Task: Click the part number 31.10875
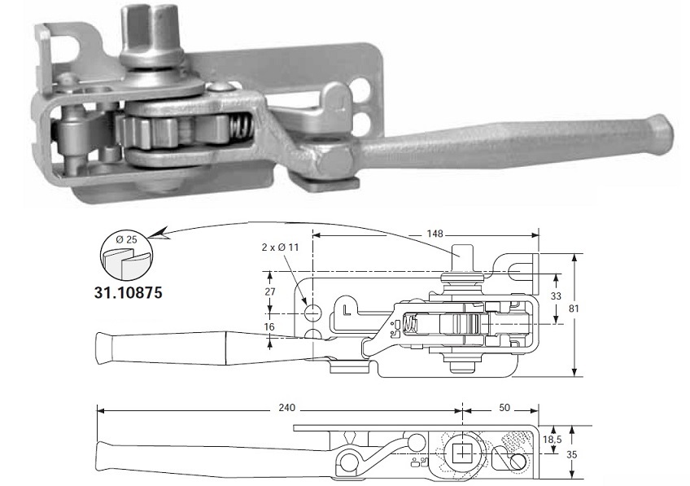tap(128, 292)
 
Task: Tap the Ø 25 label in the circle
tap(127, 240)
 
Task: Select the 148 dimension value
tap(435, 234)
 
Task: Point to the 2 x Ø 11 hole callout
tap(280, 247)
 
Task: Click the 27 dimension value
tap(270, 292)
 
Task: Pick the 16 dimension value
tap(270, 326)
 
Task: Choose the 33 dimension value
tap(556, 296)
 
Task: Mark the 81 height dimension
tap(574, 309)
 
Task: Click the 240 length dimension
tap(287, 408)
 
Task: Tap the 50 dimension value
tap(504, 408)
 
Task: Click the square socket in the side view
tap(462, 453)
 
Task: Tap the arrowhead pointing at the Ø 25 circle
tap(157, 234)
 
